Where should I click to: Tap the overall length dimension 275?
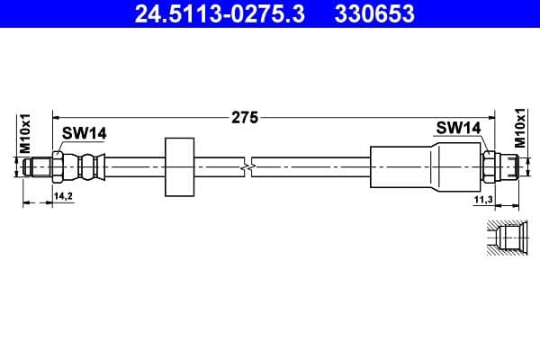[x=245, y=117]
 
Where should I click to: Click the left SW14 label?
[x=84, y=133]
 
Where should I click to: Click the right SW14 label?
[x=458, y=129]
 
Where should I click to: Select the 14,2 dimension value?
[x=63, y=195]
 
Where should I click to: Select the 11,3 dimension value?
[x=482, y=200]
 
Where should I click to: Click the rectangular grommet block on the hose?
[x=180, y=166]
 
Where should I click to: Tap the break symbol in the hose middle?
[x=247, y=166]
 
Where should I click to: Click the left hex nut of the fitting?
[x=58, y=166]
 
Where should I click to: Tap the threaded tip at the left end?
[x=40, y=166]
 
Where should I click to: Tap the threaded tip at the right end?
[x=508, y=166]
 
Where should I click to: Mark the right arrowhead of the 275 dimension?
[x=492, y=117]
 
